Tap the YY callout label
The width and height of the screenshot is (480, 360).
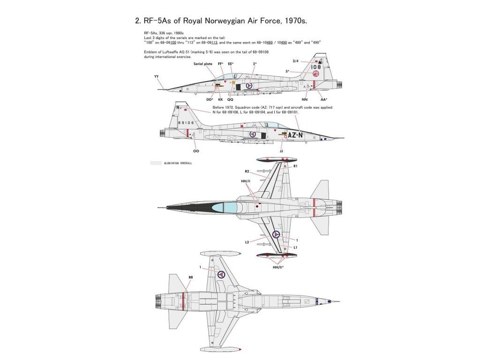156,76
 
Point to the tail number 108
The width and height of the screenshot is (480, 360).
316,67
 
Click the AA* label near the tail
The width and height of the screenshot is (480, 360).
323,99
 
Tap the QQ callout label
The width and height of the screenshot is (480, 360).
230,99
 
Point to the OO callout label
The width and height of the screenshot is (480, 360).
196,151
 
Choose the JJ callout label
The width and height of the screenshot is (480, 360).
281,151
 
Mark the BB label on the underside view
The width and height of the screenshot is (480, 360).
190,277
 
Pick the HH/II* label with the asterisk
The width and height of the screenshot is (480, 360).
281,267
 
